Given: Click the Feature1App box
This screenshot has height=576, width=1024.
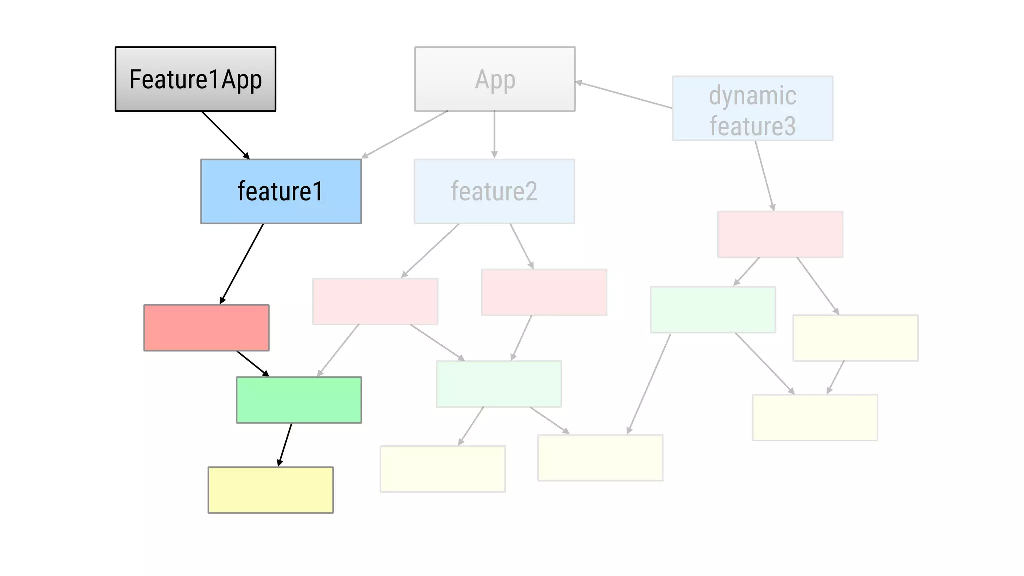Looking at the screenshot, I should coord(195,79).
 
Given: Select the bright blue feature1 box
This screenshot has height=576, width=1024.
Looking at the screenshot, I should coord(281,191).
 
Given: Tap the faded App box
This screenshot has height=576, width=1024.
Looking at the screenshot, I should coord(495,79).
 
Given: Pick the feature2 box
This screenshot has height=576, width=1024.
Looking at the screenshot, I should coord(494,191).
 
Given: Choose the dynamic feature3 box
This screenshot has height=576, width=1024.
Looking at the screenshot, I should coord(752,108).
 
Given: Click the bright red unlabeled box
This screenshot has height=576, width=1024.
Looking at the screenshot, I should coord(206,328).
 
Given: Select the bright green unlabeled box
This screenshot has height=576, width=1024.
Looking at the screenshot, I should coord(299,400).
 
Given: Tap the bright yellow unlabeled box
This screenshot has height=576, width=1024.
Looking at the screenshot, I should coord(270,490).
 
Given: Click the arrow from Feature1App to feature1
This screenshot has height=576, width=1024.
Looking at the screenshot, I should coord(225,134).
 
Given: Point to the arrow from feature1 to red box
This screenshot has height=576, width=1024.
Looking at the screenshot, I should coord(242,263).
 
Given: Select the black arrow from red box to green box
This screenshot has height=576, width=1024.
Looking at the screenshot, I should coord(252,363).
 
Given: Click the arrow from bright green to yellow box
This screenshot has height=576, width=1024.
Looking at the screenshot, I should coord(285,445).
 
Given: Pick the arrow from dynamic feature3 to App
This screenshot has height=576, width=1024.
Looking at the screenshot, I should coord(624,95).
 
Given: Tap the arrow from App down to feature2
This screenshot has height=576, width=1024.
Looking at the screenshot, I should coord(494,134).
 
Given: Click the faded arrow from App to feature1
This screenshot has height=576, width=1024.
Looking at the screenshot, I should coord(405,134).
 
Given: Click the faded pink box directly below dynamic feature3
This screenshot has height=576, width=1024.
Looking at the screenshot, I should coord(780,234).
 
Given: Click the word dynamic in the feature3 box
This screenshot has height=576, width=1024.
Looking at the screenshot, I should coord(752,95).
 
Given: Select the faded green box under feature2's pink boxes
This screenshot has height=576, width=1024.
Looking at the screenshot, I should coord(499,384).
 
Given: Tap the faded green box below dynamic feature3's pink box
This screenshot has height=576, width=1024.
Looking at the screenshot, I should coord(713,309).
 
